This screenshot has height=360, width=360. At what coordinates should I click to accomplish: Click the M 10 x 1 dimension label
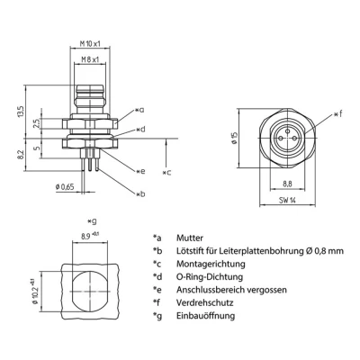pyautogui.click(x=87, y=44)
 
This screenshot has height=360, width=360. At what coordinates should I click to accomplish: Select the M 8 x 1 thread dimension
pyautogui.click(x=87, y=60)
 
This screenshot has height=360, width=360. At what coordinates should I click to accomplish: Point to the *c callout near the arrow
pyautogui.click(x=166, y=171)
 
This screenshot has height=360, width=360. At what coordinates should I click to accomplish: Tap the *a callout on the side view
pyautogui.click(x=139, y=110)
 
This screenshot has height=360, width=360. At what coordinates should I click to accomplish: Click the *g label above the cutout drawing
pyautogui.click(x=90, y=221)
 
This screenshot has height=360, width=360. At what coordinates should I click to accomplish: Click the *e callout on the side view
pyautogui.click(x=139, y=171)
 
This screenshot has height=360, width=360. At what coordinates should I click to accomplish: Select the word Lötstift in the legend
pyautogui.click(x=191, y=251)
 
